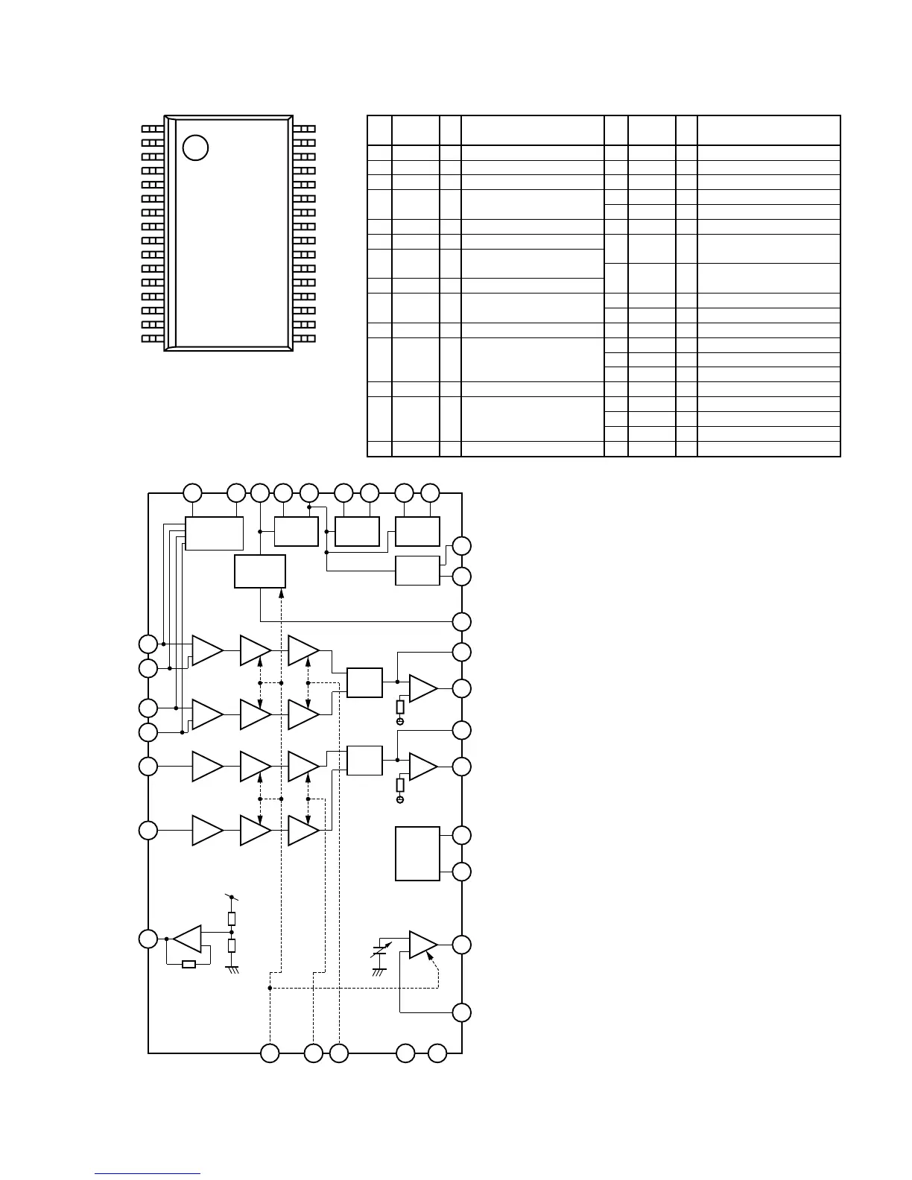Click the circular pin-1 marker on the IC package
pos(195,147)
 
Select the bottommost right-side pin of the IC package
pos(304,339)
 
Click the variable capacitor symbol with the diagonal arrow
pos(380,951)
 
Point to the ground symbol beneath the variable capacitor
pos(379,971)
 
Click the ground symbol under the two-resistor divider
pos(232,969)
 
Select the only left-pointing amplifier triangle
pos(188,939)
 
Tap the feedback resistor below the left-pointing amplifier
pos(189,965)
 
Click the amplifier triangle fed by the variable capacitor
pos(422,945)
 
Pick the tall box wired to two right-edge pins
pos(417,853)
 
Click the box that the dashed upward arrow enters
pos(260,571)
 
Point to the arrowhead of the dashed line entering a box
pos(281,592)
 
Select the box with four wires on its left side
pos(214,533)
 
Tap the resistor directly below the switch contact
pos(232,918)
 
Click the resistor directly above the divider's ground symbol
pos(232,946)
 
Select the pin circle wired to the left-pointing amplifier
pos(148,939)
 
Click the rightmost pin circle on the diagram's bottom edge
pos(437,1053)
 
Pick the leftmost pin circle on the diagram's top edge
pos(192,492)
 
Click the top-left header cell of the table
pos(379,130)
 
